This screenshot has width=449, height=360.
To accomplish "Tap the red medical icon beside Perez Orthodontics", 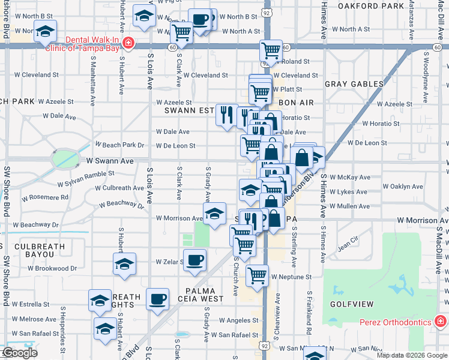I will click(440, 322).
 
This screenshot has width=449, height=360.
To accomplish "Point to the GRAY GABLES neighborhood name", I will click(354, 85).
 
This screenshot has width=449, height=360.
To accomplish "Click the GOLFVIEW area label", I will click(352, 304).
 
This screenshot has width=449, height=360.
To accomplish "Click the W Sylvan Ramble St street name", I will click(86, 174).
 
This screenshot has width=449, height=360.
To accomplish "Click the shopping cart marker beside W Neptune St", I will click(257, 275).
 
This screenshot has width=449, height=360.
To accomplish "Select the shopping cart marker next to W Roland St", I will click(271, 51).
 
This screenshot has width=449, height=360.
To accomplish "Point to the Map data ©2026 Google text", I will click(412, 355).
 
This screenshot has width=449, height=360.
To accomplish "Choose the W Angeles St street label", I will click(239, 321).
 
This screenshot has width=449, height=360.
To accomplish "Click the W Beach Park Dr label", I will click(120, 145).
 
